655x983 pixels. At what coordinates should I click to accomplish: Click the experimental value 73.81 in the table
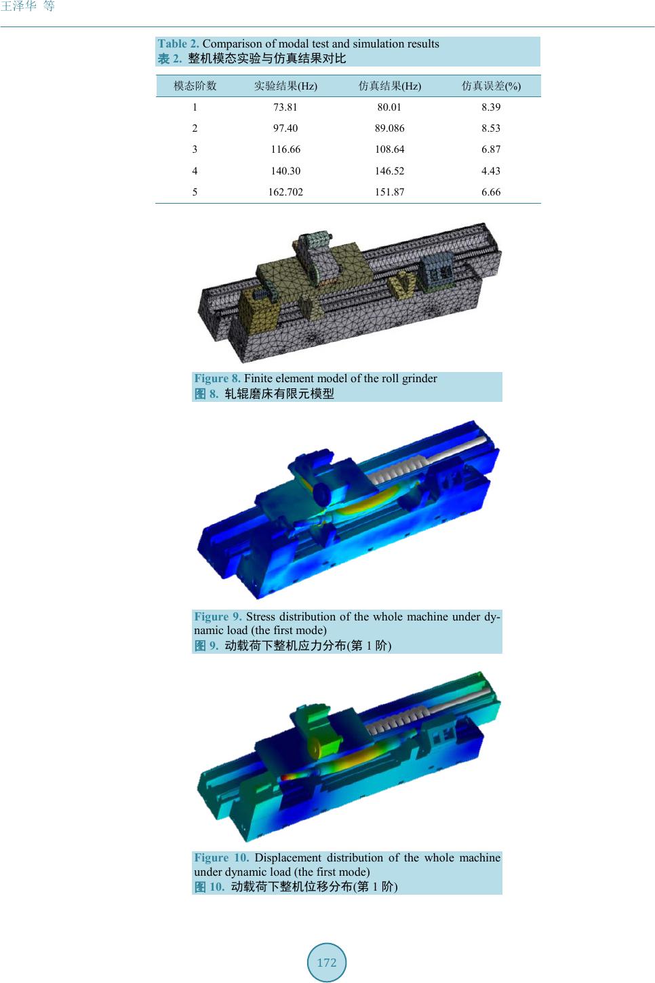[x=285, y=107]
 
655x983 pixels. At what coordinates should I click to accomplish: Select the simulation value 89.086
[x=389, y=128]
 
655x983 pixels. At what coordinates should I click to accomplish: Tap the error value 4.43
[x=491, y=170]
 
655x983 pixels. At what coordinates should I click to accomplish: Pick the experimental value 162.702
[x=285, y=191]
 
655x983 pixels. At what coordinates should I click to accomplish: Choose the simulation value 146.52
[x=389, y=170]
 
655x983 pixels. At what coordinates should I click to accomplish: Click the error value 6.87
[x=491, y=149]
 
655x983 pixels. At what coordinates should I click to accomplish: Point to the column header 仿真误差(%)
[x=491, y=86]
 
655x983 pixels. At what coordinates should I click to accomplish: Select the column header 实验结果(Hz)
[x=285, y=86]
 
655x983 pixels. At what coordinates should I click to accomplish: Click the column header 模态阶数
[x=195, y=86]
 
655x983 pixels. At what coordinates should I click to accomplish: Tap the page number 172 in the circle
[x=327, y=963]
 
